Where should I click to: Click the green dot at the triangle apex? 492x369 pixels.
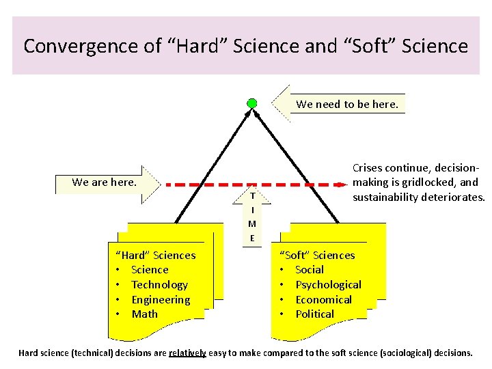[252, 103]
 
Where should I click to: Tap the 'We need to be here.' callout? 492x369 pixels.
[346, 105]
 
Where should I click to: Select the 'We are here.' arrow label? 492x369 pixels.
[104, 182]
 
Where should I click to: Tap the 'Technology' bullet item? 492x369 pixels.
[159, 285]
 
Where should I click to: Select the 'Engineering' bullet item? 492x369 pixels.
[161, 299]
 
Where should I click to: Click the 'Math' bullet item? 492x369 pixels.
[144, 314]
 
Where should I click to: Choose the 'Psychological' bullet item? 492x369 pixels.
[328, 285]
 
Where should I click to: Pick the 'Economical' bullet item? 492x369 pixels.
[323, 299]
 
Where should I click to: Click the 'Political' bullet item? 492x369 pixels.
[314, 314]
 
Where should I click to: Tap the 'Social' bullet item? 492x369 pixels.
[310, 270]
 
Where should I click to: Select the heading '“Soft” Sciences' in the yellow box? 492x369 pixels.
[318, 256]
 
